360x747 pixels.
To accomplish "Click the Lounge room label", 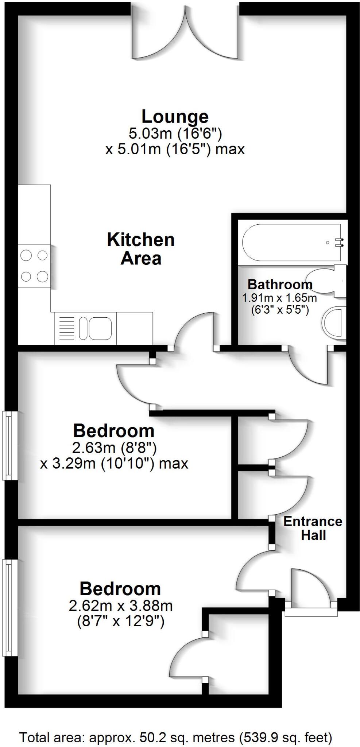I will tap(175, 117).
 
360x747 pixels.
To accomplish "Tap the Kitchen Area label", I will tap(141, 249).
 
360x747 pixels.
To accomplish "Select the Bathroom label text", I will tap(280, 284).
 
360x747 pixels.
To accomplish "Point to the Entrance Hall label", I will tap(313, 528).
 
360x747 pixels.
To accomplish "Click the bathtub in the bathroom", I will tap(292, 242).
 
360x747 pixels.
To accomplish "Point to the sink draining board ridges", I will tap(66, 328).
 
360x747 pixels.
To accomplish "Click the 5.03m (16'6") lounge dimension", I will tap(175, 133).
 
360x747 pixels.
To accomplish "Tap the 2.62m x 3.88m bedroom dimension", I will tap(120, 606).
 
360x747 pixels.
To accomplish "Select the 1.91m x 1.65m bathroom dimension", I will tap(279, 298).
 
